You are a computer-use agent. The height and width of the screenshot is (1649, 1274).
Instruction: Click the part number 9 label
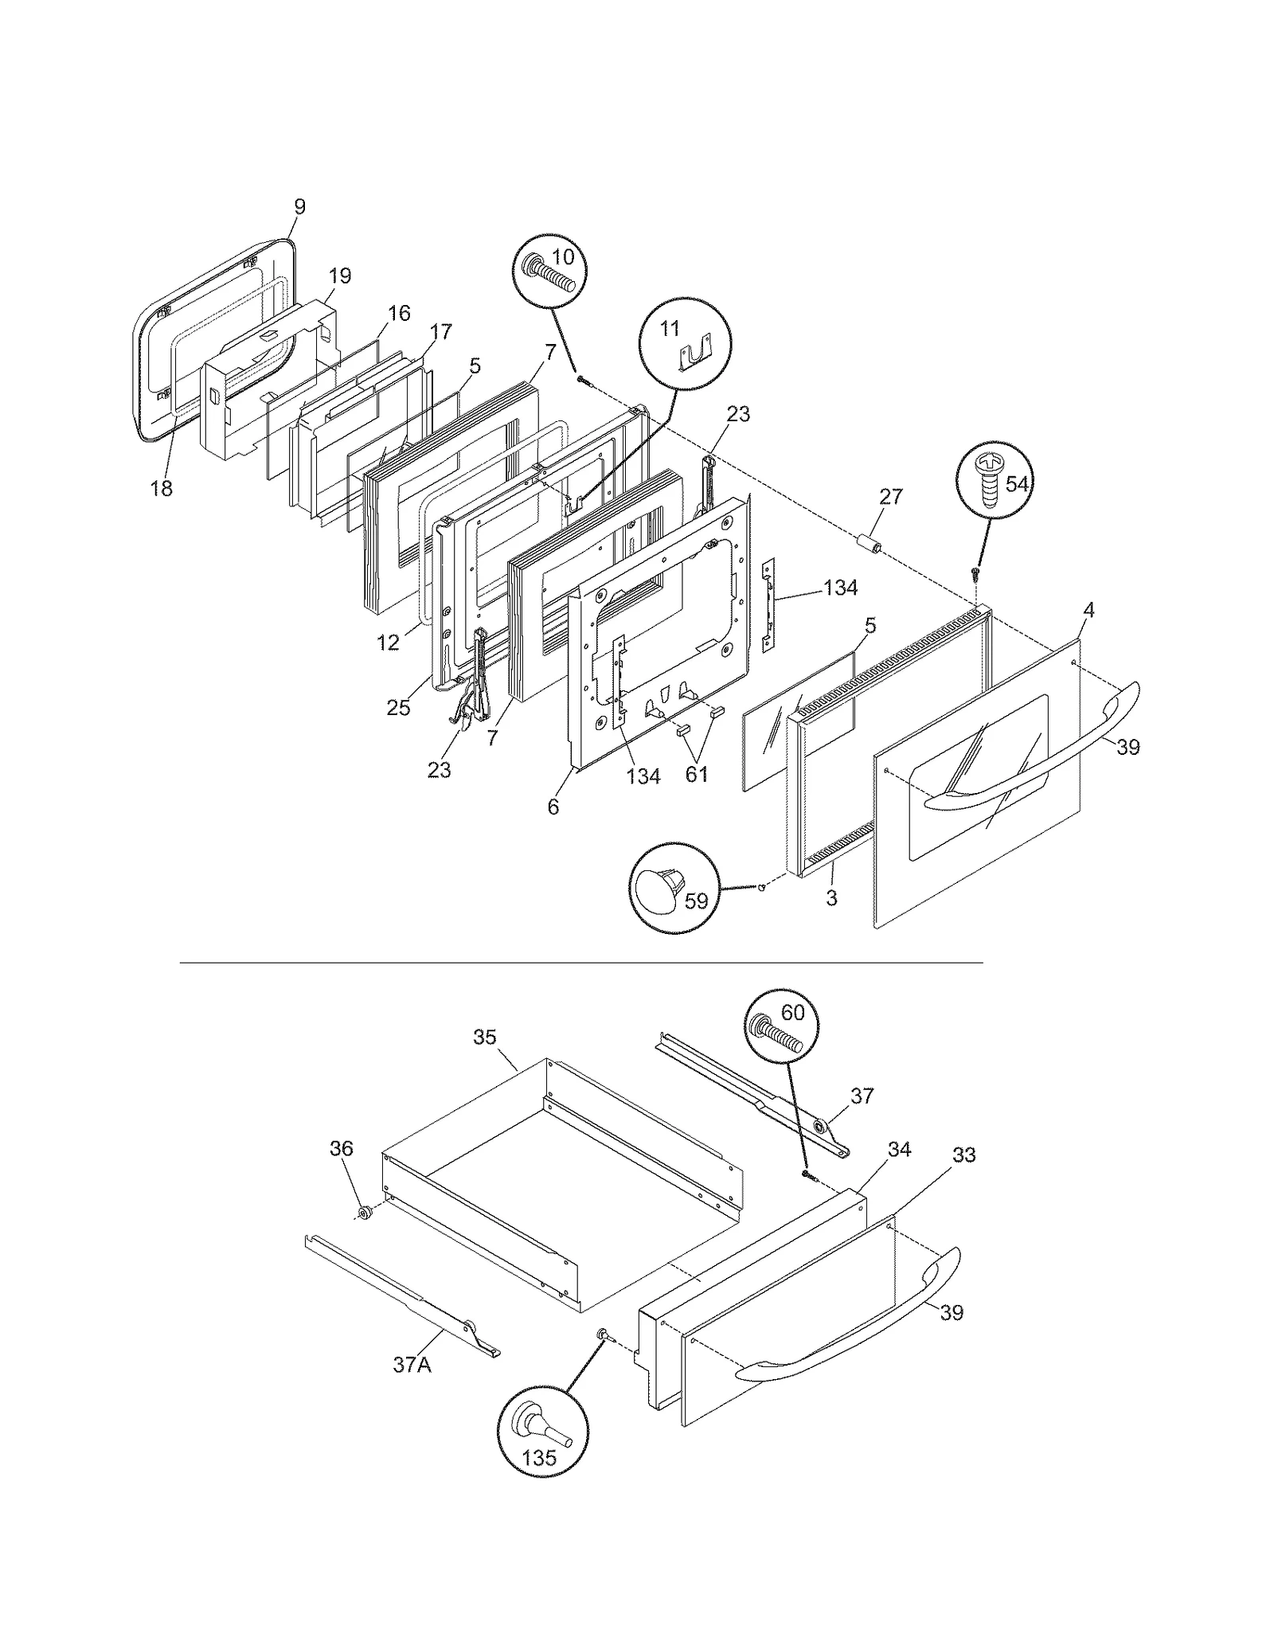(x=299, y=207)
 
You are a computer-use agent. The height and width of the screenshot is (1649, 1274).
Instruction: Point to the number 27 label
(x=891, y=497)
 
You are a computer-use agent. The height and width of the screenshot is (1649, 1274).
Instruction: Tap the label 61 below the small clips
(x=697, y=773)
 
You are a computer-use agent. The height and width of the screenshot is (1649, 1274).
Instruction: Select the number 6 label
(x=553, y=807)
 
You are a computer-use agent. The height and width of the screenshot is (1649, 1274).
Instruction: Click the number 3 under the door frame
(x=831, y=898)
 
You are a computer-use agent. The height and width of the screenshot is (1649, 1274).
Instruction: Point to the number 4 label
(x=1088, y=611)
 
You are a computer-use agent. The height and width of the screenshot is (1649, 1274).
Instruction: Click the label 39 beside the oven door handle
(x=1127, y=747)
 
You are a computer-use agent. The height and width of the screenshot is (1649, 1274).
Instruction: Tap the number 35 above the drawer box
(x=484, y=1037)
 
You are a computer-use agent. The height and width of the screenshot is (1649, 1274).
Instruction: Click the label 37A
(x=412, y=1365)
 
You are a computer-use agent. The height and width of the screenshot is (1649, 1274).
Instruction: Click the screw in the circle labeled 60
(x=777, y=1034)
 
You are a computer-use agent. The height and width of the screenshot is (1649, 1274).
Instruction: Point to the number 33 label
(x=963, y=1155)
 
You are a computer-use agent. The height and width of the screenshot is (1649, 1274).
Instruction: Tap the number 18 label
(x=162, y=488)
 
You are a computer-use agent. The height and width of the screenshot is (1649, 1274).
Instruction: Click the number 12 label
(x=388, y=643)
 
